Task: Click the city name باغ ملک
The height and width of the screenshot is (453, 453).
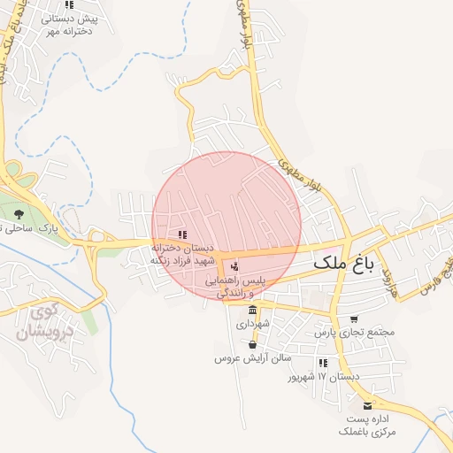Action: coord(345,264)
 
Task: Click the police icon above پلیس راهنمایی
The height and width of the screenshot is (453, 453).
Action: coord(234,265)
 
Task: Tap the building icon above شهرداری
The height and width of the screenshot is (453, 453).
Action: coord(253,311)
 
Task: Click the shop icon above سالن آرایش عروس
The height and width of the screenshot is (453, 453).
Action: coord(253,344)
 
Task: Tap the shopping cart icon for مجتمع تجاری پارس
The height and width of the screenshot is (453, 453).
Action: coord(354,319)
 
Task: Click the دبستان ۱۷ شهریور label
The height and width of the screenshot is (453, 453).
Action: coord(325,377)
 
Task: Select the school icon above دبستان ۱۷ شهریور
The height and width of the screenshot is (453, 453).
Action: coord(323,363)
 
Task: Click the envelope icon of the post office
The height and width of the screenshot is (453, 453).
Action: coord(368,406)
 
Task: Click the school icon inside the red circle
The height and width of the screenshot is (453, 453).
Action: coord(182,234)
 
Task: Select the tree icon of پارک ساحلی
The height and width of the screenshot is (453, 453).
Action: coord(19,213)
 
